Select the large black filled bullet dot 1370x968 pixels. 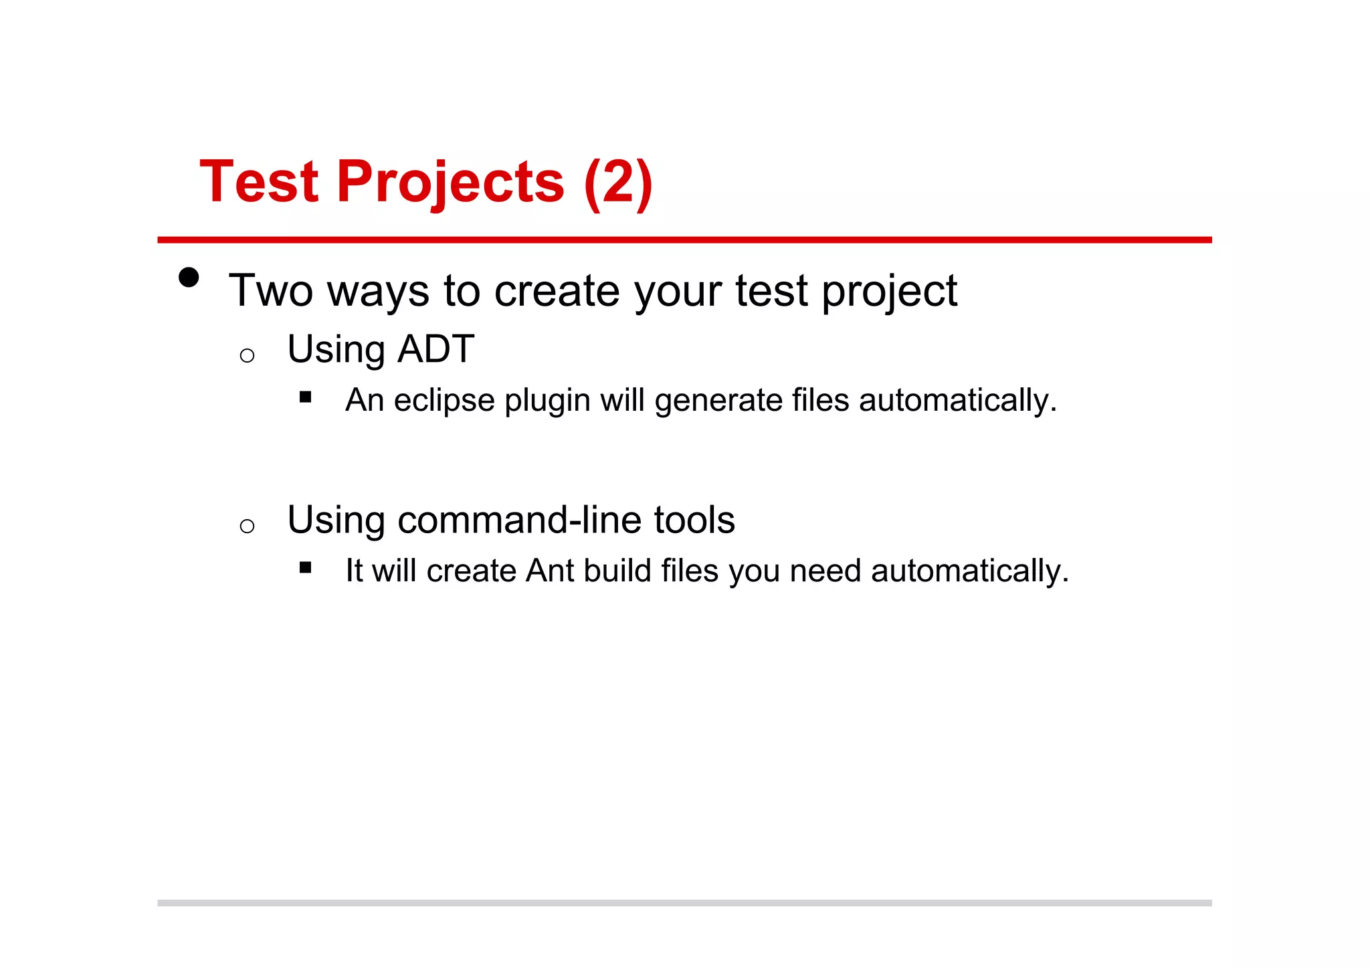coord(189,278)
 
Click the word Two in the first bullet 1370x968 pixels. coord(271,291)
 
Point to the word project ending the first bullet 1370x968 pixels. coord(889,292)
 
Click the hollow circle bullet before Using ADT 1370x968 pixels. coord(247,355)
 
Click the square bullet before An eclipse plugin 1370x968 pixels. coord(306,397)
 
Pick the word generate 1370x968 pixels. coord(718,401)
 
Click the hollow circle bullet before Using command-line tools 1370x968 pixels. coord(247,526)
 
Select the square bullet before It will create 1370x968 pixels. coord(306,568)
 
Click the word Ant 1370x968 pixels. coord(550,571)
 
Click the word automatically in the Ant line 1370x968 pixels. coord(969,571)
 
